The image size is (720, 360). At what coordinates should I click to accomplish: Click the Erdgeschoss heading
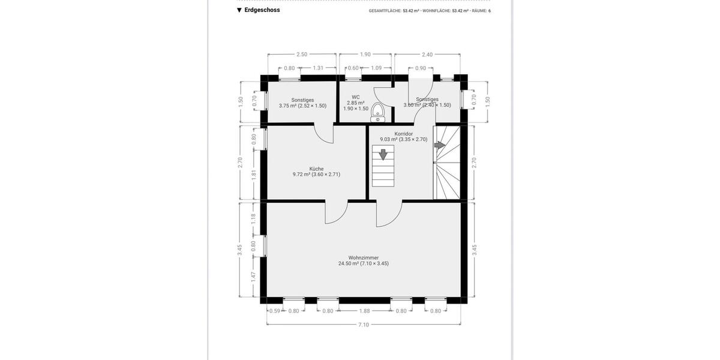[x=262, y=10]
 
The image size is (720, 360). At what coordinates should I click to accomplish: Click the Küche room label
[x=316, y=169]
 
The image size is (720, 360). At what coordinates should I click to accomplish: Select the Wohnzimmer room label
[x=364, y=257]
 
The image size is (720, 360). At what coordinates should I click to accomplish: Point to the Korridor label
[x=403, y=134]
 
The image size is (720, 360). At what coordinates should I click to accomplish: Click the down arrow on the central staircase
[x=383, y=155]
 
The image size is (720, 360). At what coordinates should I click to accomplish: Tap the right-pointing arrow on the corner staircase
[x=440, y=145]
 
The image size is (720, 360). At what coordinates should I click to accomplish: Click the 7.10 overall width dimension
[x=364, y=325]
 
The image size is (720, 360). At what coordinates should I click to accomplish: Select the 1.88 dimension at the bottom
[x=364, y=311]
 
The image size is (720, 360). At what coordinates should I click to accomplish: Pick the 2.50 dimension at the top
[x=302, y=55]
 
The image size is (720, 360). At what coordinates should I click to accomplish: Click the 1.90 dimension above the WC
[x=365, y=55]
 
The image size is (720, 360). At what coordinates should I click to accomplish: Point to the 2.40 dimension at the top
[x=427, y=55]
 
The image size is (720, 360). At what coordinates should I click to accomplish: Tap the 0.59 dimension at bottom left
[x=275, y=311]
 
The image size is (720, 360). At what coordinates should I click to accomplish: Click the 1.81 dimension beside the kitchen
[x=254, y=175]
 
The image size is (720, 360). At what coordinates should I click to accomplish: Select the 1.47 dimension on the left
[x=254, y=277]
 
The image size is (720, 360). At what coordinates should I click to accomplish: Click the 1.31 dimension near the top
[x=318, y=68]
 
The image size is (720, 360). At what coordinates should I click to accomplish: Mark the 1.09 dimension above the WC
[x=376, y=68]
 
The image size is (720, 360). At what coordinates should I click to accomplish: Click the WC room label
[x=356, y=97]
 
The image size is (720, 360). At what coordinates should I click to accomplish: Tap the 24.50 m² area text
[x=349, y=263]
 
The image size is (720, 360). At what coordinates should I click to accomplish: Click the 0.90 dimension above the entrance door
[x=421, y=68]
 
